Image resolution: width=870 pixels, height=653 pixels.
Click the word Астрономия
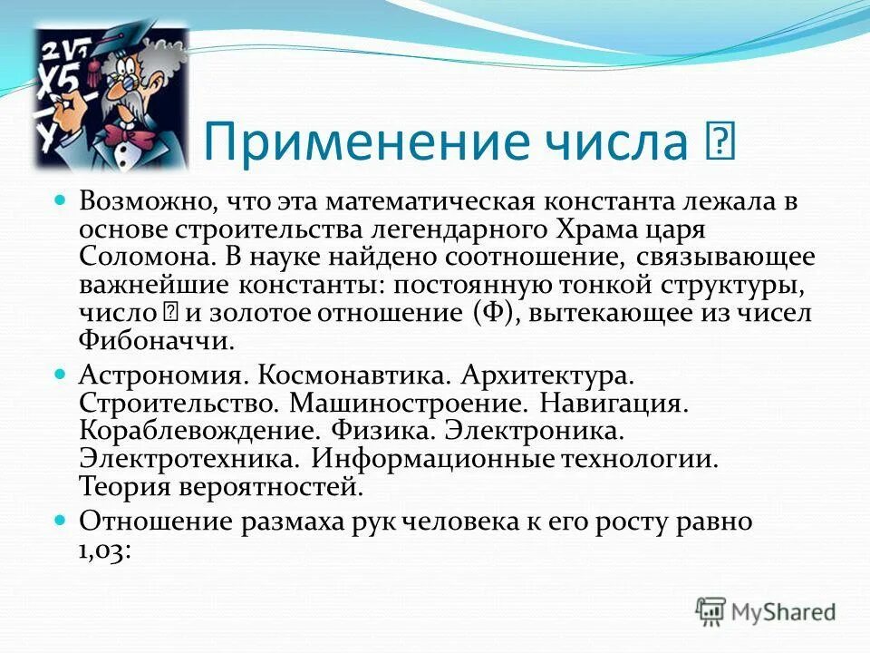tap(161, 375)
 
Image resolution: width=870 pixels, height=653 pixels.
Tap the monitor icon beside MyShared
tap(711, 611)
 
